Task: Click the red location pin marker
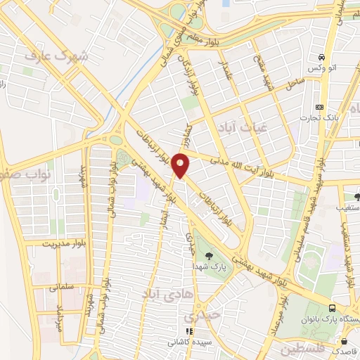181,165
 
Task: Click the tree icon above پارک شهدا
208,256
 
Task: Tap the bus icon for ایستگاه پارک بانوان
333,309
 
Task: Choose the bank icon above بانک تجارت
320,107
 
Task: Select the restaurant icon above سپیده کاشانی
188,331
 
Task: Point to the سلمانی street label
62,287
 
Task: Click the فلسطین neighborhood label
303,349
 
